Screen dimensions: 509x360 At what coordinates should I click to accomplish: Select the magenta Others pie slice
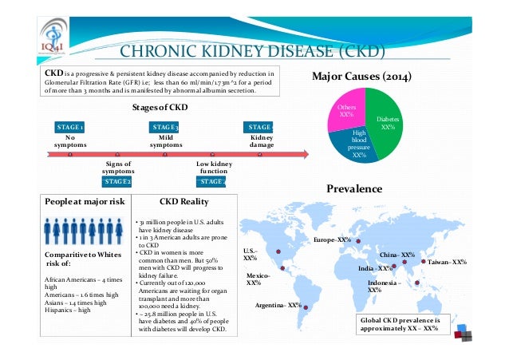tap(348, 112)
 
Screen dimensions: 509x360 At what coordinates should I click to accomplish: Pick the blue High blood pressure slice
tap(357, 144)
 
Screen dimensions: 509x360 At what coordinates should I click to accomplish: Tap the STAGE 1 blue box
tap(69, 127)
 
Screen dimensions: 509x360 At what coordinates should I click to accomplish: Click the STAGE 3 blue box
tap(165, 127)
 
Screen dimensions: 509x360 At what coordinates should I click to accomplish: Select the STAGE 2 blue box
tap(119, 182)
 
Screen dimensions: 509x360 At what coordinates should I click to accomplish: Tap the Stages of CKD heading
tap(160, 107)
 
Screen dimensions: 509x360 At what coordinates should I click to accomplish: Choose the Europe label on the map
tap(333, 239)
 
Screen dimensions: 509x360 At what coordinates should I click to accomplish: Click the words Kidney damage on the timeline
tap(261, 141)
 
